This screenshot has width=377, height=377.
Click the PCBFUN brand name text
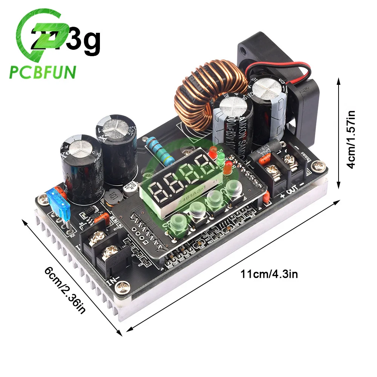pyautogui.click(x=42, y=72)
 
